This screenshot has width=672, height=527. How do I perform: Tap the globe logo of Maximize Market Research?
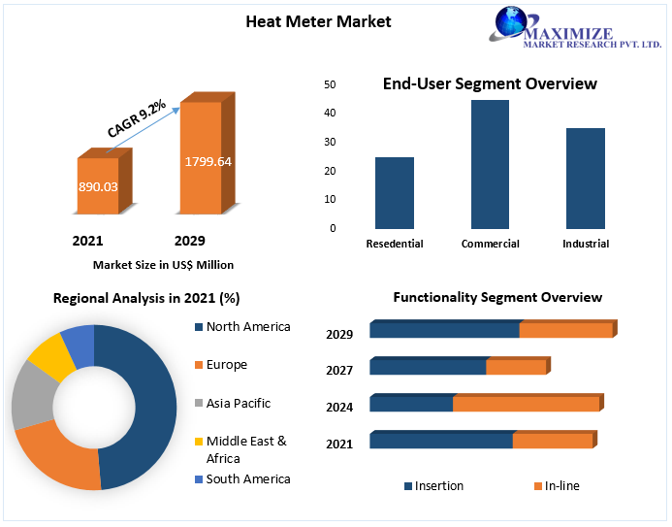tap(511, 24)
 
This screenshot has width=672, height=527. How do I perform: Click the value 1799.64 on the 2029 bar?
tap(208, 161)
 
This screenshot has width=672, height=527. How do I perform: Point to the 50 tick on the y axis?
tap(331, 85)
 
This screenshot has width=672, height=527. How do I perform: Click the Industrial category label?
tap(586, 244)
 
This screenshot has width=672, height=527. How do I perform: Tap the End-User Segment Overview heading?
tap(490, 83)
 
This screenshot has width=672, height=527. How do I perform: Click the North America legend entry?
tap(247, 327)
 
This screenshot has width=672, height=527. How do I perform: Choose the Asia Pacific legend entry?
tap(238, 403)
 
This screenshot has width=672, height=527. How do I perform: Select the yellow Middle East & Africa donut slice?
tap(50, 356)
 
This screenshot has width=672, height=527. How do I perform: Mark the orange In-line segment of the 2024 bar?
tap(526, 404)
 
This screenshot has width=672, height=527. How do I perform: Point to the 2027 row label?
tap(339, 370)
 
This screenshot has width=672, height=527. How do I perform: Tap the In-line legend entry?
tap(561, 485)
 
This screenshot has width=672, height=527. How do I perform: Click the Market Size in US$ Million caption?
tap(163, 265)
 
